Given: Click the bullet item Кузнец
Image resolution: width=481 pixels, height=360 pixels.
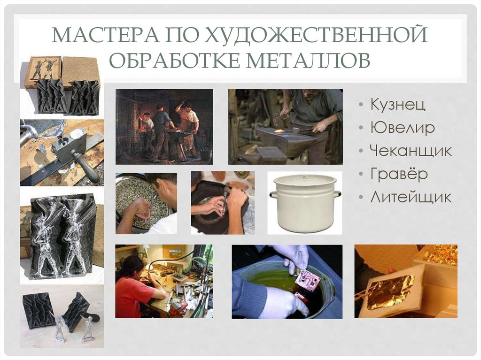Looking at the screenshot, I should point(397,104).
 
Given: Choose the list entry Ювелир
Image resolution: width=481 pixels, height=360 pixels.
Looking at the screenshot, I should point(402,127).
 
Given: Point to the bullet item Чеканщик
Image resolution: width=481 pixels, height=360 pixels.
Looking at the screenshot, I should point(411,151).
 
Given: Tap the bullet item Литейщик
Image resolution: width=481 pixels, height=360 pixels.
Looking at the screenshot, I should point(411,197).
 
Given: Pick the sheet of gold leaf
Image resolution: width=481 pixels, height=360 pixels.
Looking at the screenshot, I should point(390,291).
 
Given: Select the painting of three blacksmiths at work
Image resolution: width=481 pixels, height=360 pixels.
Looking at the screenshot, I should point(164,126).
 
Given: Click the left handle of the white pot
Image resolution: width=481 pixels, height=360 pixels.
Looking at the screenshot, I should point(273,194).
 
